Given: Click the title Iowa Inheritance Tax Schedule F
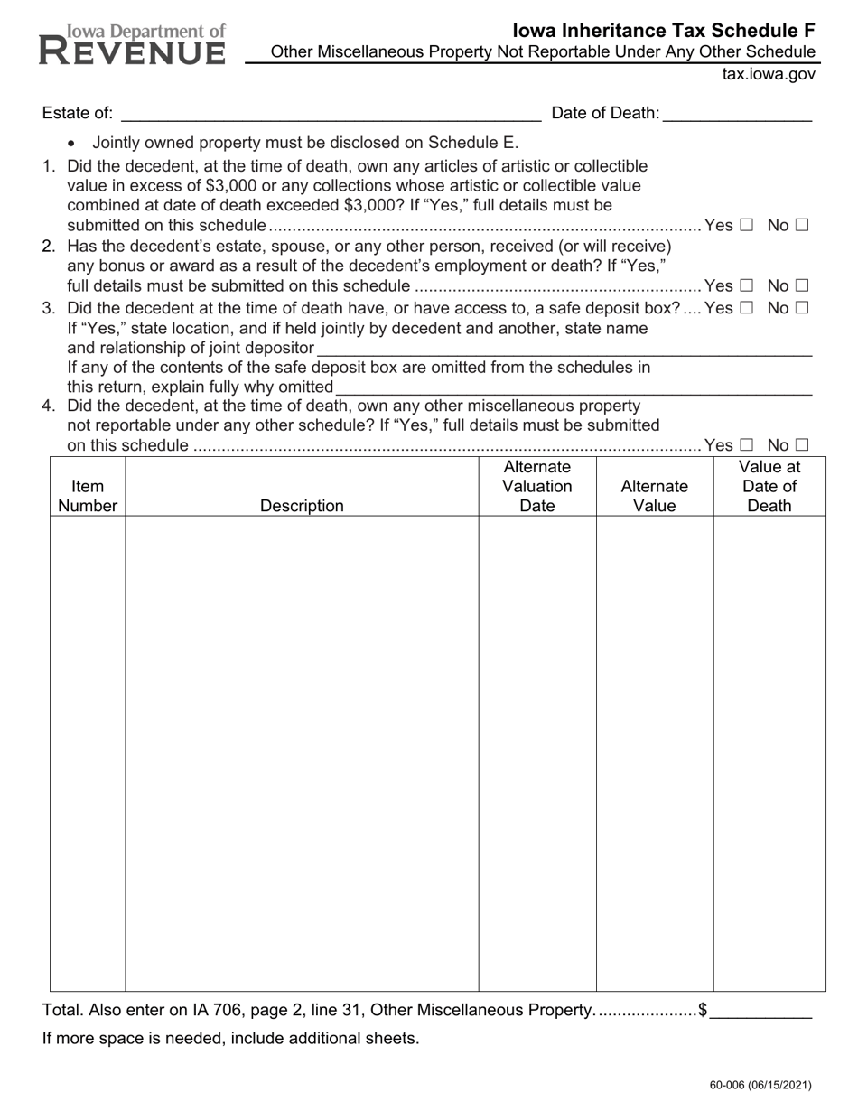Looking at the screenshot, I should point(664,31).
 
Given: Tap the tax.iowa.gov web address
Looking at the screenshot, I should point(769,74).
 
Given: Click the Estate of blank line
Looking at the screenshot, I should point(330,114).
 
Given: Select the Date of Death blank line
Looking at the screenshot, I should point(737,114).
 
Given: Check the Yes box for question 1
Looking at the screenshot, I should point(746,225).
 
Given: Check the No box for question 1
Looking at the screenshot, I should point(801,225).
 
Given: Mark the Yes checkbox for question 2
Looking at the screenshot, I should point(746,286).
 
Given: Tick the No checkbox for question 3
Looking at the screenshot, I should point(801,307).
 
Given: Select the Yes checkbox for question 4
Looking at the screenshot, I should point(746,444).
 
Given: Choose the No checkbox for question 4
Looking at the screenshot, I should point(801,444).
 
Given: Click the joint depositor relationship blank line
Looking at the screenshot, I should point(564,349).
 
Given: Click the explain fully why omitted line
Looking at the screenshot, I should point(573,387).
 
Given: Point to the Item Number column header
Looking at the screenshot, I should point(88,496).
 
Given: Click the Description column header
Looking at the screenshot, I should point(302,506).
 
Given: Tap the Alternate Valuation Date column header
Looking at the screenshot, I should point(537,486).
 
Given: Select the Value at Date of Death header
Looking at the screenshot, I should point(769,486).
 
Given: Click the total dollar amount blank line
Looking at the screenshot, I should point(760,1011).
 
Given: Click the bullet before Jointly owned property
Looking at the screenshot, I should point(72,143).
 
